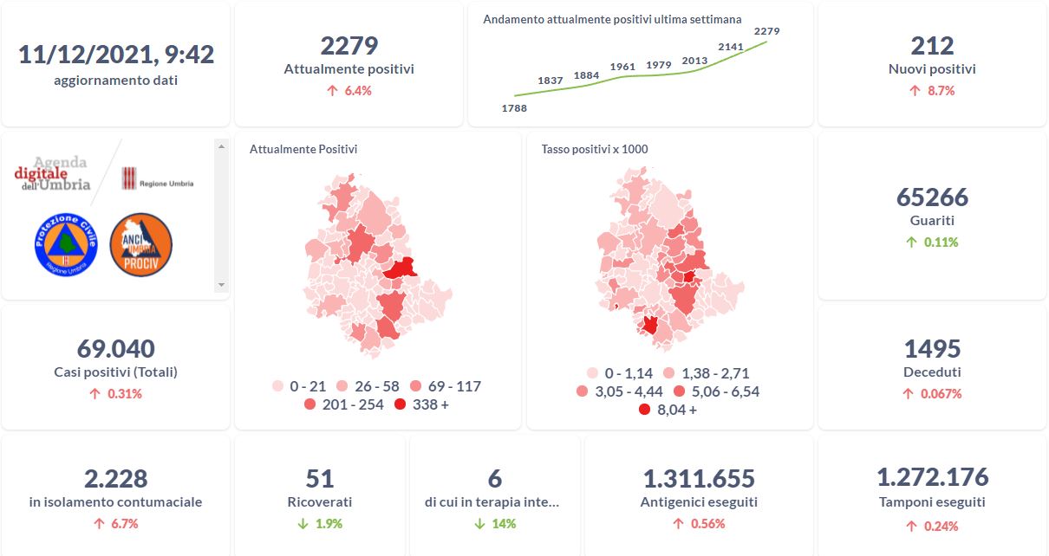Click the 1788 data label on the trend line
pos(514,108)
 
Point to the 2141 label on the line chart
pos(732,47)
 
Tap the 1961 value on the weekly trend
pos(622,67)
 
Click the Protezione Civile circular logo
pos(65,245)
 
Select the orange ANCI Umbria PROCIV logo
pos(141,245)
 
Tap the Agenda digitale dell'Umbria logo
pos(54,174)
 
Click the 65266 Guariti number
pos(932,197)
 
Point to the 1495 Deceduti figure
pos(932,349)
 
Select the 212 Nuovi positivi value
pos(932,46)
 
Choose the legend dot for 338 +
pos(400,404)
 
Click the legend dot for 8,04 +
pos(644,410)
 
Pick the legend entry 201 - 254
pos(345,404)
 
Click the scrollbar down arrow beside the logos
pos(221,284)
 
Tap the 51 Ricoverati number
pos(320,478)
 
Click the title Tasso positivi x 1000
pos(595,149)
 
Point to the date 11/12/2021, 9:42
pos(116,55)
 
